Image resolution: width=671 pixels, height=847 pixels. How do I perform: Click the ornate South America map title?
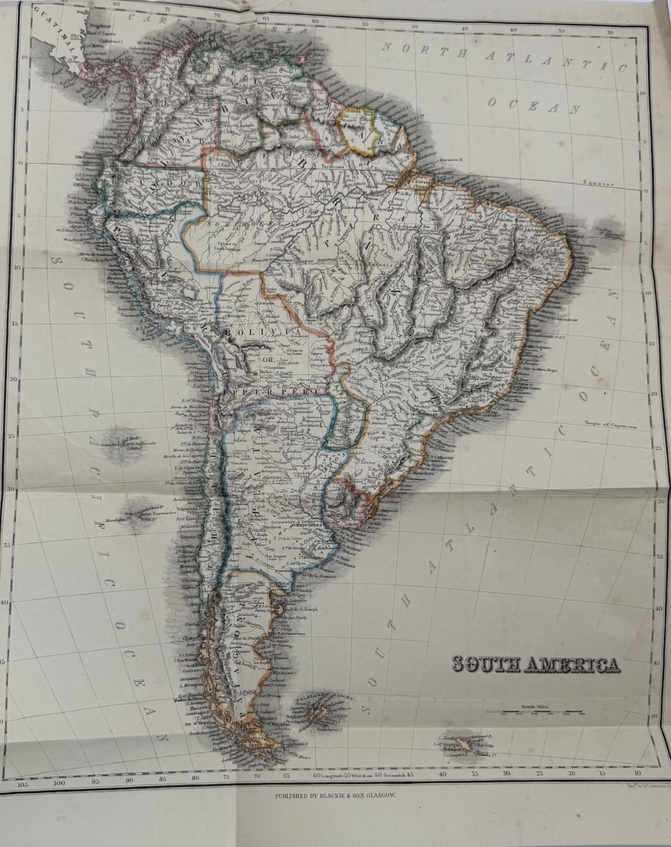tap(535, 664)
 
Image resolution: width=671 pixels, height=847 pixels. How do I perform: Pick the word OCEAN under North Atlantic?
tap(533, 105)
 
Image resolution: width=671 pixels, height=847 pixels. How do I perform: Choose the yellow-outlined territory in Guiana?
tap(360, 130)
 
